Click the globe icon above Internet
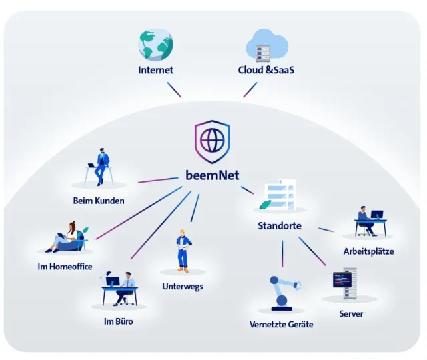155,44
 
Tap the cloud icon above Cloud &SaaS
266,45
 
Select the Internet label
155,69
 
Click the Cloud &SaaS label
266,69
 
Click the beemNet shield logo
212,141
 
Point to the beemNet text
212,175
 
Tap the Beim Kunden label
99,200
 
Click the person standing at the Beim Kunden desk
101,165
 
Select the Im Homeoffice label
65,267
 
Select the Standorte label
280,225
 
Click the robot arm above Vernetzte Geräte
282,294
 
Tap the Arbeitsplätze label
368,251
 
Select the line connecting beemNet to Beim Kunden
157,179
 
